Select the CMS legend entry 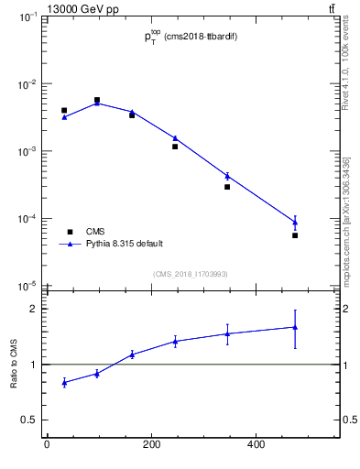pyautogui.click(x=95, y=232)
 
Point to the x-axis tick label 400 pyautogui.click(x=256, y=446)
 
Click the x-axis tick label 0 pyautogui.click(x=47, y=446)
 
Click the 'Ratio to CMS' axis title pyautogui.click(x=15, y=364)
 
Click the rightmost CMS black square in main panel pyautogui.click(x=295, y=235)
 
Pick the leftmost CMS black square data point pyautogui.click(x=64, y=110)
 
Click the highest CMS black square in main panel pyautogui.click(x=97, y=100)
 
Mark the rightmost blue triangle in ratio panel pyautogui.click(x=295, y=327)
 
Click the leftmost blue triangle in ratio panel pyautogui.click(x=64, y=382)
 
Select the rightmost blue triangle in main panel pyautogui.click(x=295, y=222)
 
